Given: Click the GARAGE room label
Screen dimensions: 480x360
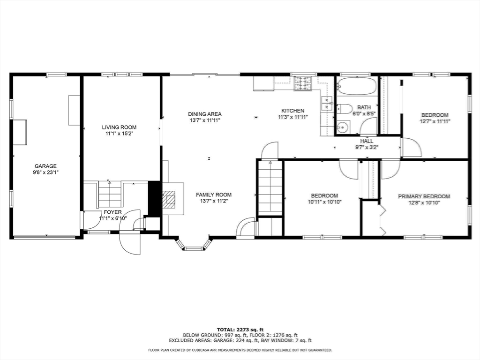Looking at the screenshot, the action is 45,166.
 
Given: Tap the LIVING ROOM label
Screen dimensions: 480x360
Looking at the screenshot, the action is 119,127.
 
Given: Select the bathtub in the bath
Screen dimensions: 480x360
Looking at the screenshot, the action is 356,86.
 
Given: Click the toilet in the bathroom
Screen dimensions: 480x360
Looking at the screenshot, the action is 345,109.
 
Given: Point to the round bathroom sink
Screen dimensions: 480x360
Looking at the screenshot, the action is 343,127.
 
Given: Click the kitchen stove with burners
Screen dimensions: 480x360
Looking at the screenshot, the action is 302,83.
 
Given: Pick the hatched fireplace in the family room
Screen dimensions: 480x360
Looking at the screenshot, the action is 168,199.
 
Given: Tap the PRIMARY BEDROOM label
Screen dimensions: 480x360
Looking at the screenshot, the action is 424,196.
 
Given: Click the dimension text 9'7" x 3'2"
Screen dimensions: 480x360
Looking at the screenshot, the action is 367,147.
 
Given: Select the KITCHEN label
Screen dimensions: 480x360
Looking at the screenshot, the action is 292,111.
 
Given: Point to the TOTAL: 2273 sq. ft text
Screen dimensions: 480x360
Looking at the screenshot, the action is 240,330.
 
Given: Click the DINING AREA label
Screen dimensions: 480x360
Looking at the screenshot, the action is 205,114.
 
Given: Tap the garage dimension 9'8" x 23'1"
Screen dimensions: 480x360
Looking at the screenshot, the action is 45,172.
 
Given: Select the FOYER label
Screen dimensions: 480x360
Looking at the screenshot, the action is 112,212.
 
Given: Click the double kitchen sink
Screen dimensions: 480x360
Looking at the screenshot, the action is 327,104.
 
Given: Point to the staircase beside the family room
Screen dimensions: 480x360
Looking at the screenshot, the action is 270,188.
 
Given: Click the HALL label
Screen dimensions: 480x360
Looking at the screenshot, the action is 367,141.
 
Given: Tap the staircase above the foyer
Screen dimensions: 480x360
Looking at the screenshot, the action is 110,195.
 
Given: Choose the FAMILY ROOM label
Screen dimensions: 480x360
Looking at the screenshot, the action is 214,195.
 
